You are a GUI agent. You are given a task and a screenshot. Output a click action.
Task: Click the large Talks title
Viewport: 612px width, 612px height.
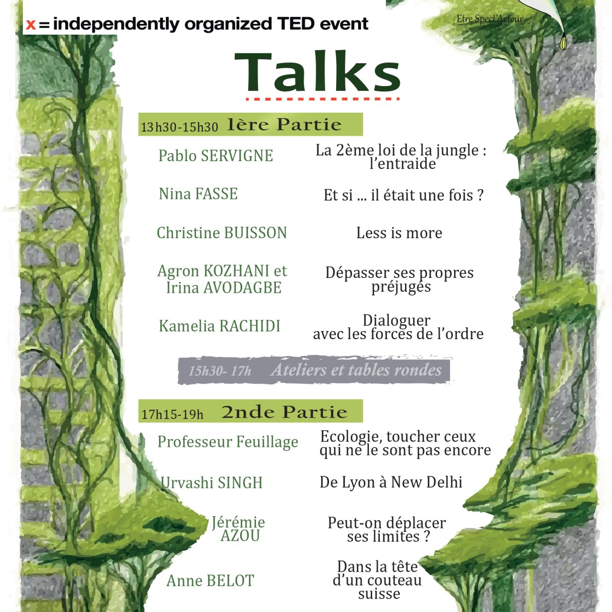point(317,72)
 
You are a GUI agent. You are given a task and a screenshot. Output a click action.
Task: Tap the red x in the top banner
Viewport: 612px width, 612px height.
point(31,24)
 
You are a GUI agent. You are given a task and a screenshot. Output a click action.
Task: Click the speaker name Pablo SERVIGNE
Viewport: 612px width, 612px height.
point(216,156)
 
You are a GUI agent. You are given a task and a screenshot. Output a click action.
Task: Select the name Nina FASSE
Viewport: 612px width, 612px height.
point(198,194)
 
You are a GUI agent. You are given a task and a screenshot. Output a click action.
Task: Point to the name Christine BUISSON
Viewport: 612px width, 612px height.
point(222,233)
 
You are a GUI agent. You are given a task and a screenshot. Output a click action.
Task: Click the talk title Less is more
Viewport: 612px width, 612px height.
point(399,233)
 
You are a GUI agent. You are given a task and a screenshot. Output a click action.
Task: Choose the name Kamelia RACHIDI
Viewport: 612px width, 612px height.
point(219,326)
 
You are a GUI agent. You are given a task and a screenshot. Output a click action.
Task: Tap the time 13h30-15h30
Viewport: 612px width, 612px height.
point(179,127)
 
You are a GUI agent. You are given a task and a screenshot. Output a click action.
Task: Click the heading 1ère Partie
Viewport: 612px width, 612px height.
point(284,124)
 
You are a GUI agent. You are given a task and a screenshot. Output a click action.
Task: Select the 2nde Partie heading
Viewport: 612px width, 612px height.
point(284,412)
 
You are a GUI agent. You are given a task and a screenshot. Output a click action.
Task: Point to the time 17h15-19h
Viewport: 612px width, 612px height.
point(172,414)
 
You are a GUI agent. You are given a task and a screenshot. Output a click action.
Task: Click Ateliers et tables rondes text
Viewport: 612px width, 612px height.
point(356,370)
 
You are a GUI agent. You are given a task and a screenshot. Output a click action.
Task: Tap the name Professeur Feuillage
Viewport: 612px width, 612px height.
point(227,442)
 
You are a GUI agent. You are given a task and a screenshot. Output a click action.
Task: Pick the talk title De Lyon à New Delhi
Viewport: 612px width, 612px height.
point(391,482)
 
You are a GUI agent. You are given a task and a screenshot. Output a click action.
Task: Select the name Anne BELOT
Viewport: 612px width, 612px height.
point(210,580)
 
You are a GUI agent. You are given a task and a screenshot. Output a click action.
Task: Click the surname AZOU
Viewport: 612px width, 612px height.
point(240,535)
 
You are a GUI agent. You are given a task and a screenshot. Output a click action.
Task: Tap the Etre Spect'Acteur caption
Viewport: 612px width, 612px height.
point(490,19)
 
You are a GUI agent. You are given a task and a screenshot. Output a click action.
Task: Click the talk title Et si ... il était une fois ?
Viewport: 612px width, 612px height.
point(403,195)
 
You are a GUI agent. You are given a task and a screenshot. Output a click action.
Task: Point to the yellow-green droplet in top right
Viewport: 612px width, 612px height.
point(564,44)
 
